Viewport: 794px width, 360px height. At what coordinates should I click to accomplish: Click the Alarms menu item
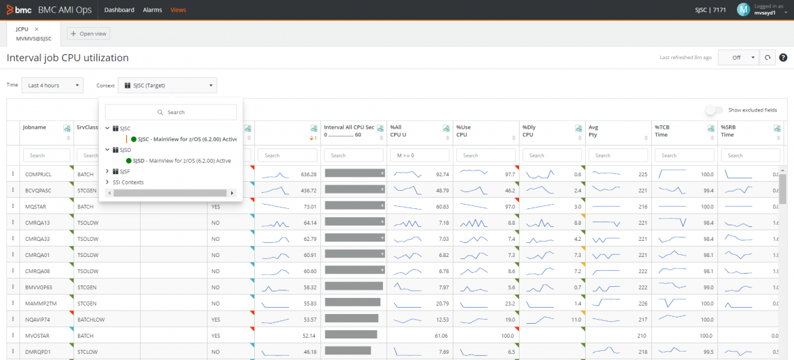152,10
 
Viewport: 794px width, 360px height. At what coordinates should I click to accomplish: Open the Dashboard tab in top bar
119,10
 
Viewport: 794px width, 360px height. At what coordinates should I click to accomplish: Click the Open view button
88,33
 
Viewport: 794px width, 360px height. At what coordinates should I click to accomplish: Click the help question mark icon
783,58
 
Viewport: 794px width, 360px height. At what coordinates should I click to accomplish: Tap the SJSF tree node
125,171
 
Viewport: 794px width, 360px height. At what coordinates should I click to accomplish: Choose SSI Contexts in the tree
128,182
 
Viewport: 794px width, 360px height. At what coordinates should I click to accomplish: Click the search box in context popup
171,112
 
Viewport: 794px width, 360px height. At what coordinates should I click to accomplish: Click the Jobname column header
35,127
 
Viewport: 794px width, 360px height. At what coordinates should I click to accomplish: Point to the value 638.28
308,174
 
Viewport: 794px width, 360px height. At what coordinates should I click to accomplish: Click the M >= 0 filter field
419,155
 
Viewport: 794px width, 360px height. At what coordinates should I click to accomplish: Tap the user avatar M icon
743,9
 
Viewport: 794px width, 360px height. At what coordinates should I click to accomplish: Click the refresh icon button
768,58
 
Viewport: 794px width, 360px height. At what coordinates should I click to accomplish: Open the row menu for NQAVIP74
13,320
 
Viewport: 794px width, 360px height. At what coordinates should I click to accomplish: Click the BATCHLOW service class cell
91,320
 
